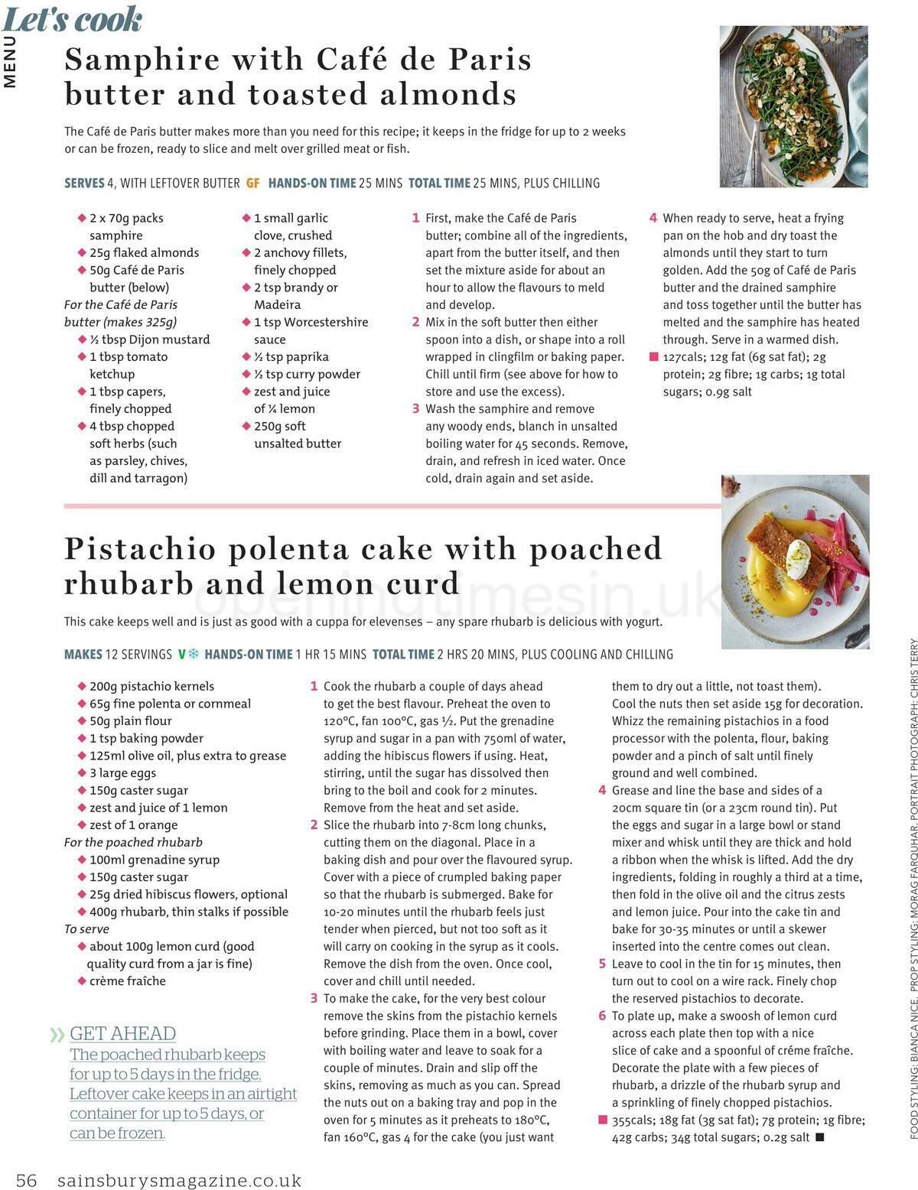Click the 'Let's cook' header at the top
(x=73, y=19)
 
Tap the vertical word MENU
(x=10, y=61)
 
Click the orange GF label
(x=252, y=183)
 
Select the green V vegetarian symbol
(x=182, y=654)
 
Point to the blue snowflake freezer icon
(x=194, y=654)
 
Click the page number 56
(x=27, y=1180)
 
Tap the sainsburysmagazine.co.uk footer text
(x=179, y=1180)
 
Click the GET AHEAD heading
(x=122, y=1033)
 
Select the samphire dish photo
(x=793, y=106)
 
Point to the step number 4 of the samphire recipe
(x=653, y=218)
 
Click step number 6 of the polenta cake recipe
(x=602, y=1016)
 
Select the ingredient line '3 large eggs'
(x=122, y=772)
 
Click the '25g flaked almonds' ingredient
(x=144, y=252)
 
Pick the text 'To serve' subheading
(x=86, y=928)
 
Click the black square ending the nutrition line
(x=820, y=1136)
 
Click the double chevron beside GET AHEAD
(x=57, y=1035)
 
